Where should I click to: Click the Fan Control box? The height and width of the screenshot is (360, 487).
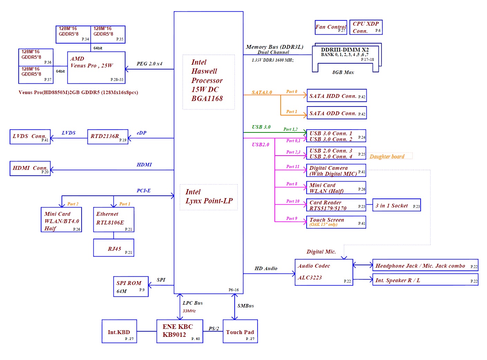tap(331, 27)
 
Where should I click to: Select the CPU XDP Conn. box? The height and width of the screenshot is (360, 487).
tap(366, 27)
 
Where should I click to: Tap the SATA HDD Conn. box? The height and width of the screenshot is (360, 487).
tap(337, 96)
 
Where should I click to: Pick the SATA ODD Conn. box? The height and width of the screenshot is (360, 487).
tap(337, 113)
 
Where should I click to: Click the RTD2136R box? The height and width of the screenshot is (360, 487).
tap(107, 137)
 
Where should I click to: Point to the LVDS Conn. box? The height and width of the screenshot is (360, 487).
tap(30, 137)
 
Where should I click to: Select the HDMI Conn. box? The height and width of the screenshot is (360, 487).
tap(30, 168)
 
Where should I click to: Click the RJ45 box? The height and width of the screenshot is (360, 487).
tap(114, 248)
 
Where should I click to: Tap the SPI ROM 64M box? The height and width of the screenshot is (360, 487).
tap(131, 287)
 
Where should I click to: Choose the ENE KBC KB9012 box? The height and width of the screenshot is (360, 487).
tap(180, 331)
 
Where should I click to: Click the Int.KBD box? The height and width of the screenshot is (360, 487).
tap(119, 331)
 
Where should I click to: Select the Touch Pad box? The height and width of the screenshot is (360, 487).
tap(240, 331)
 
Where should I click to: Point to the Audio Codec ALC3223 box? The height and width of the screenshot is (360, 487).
tap(324, 272)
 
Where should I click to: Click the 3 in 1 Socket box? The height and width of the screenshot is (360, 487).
tap(396, 206)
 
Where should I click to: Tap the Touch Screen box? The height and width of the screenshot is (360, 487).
tap(336, 222)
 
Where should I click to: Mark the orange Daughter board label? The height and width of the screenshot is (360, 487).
tap(387, 157)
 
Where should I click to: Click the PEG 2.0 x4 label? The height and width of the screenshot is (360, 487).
tap(149, 64)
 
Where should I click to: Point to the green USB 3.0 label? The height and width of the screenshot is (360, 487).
tap(261, 127)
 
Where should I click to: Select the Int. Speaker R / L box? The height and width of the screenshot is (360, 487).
tap(425, 280)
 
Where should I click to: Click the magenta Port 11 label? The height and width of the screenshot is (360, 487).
tap(293, 166)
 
